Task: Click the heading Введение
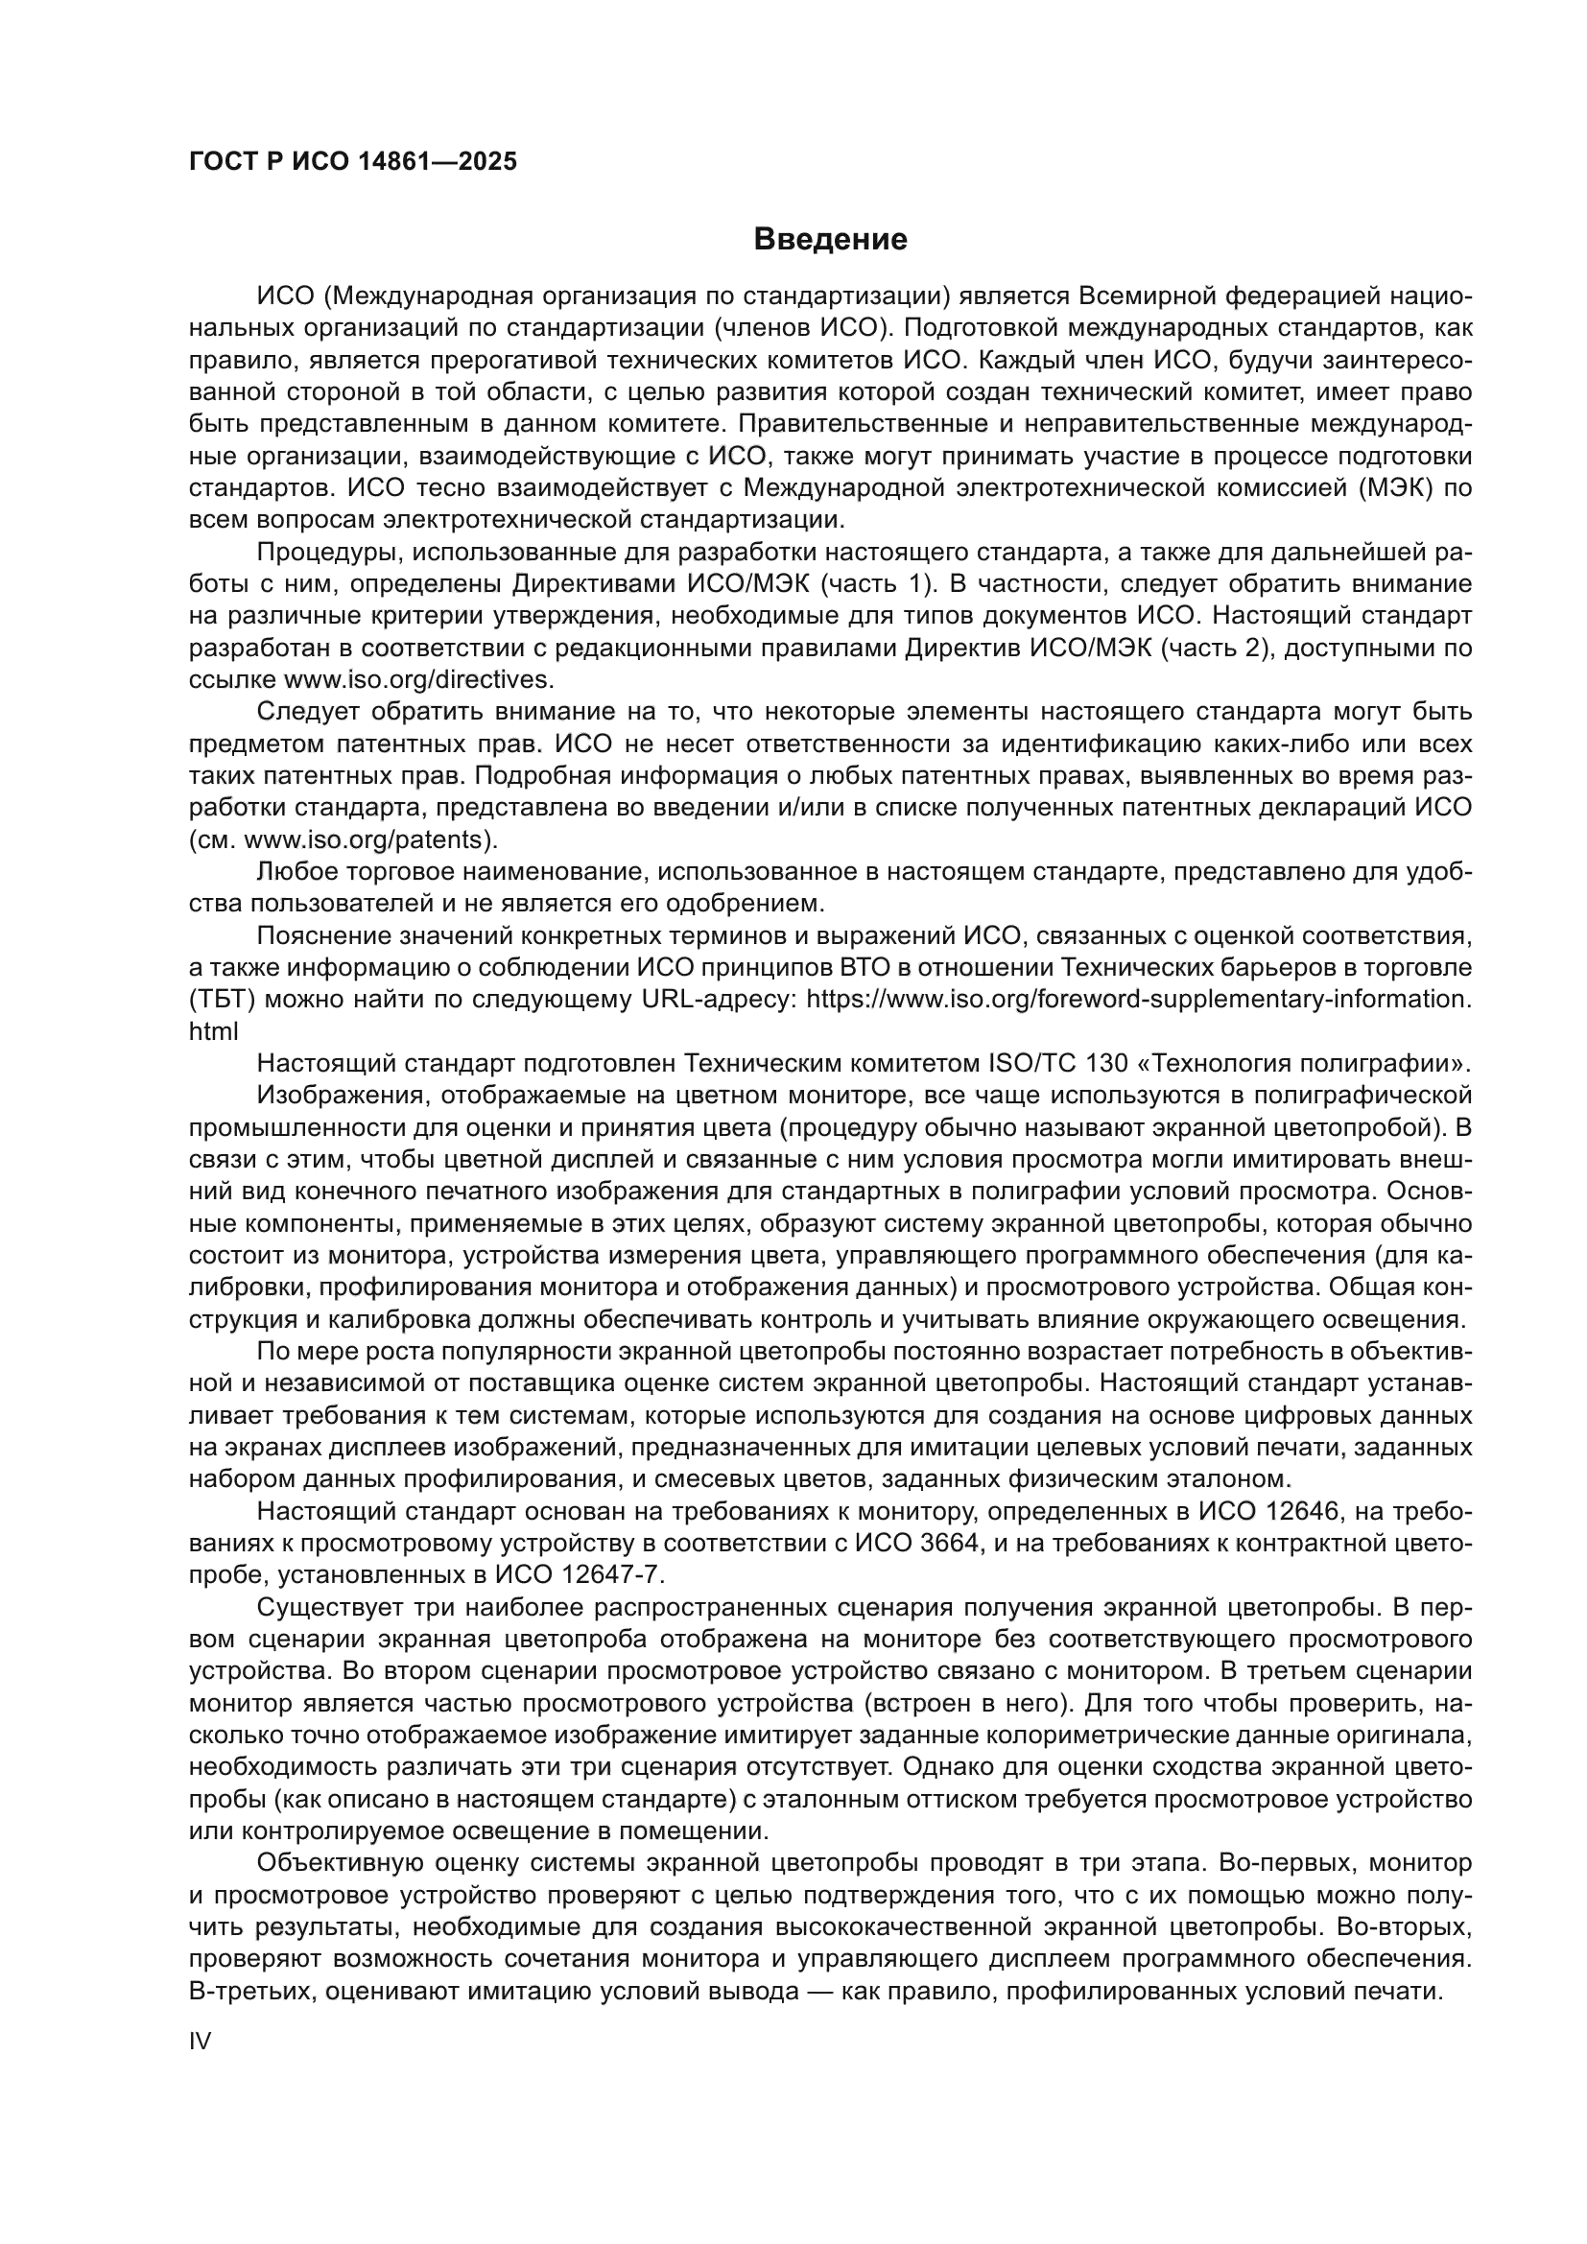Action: pos(830,240)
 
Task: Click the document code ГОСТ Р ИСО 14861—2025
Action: pos(353,162)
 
